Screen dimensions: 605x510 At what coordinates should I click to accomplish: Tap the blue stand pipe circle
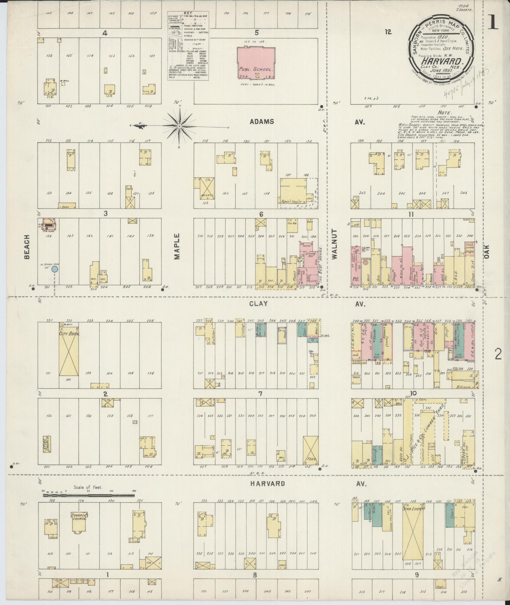point(55,269)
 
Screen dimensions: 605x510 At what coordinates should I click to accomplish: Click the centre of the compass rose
point(179,126)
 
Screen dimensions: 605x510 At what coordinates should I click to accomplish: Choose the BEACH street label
point(27,251)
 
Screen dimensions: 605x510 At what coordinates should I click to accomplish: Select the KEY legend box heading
point(188,13)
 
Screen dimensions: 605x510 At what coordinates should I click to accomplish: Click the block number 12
point(388,32)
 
